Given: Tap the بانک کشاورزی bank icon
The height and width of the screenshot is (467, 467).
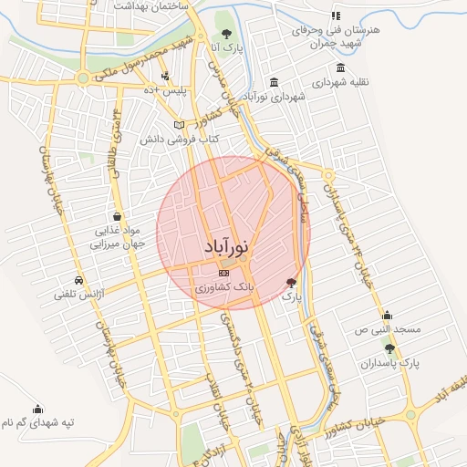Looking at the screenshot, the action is pyautogui.click(x=224, y=272).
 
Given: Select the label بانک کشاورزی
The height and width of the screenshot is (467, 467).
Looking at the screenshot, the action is pyautogui.click(x=223, y=287).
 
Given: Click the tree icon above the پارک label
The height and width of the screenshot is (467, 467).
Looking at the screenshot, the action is pyautogui.click(x=291, y=283).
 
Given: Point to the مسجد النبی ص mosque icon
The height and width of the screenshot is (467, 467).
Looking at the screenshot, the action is pyautogui.click(x=387, y=315).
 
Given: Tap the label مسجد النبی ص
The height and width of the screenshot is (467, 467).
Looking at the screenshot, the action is pyautogui.click(x=387, y=328).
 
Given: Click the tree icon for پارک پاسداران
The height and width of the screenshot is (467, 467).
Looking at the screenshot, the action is pyautogui.click(x=389, y=348).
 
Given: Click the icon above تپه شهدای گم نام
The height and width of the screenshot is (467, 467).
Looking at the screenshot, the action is pyautogui.click(x=37, y=409).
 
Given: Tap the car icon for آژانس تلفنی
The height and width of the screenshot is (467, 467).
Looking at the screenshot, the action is pyautogui.click(x=79, y=280).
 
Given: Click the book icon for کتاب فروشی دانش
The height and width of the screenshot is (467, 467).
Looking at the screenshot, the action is pyautogui.click(x=179, y=125).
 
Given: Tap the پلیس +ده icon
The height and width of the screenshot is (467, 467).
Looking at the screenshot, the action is pyautogui.click(x=165, y=77).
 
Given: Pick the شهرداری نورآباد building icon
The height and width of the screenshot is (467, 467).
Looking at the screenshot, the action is pyautogui.click(x=275, y=82).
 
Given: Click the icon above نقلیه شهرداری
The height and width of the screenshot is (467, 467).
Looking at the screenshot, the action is pyautogui.click(x=340, y=68).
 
